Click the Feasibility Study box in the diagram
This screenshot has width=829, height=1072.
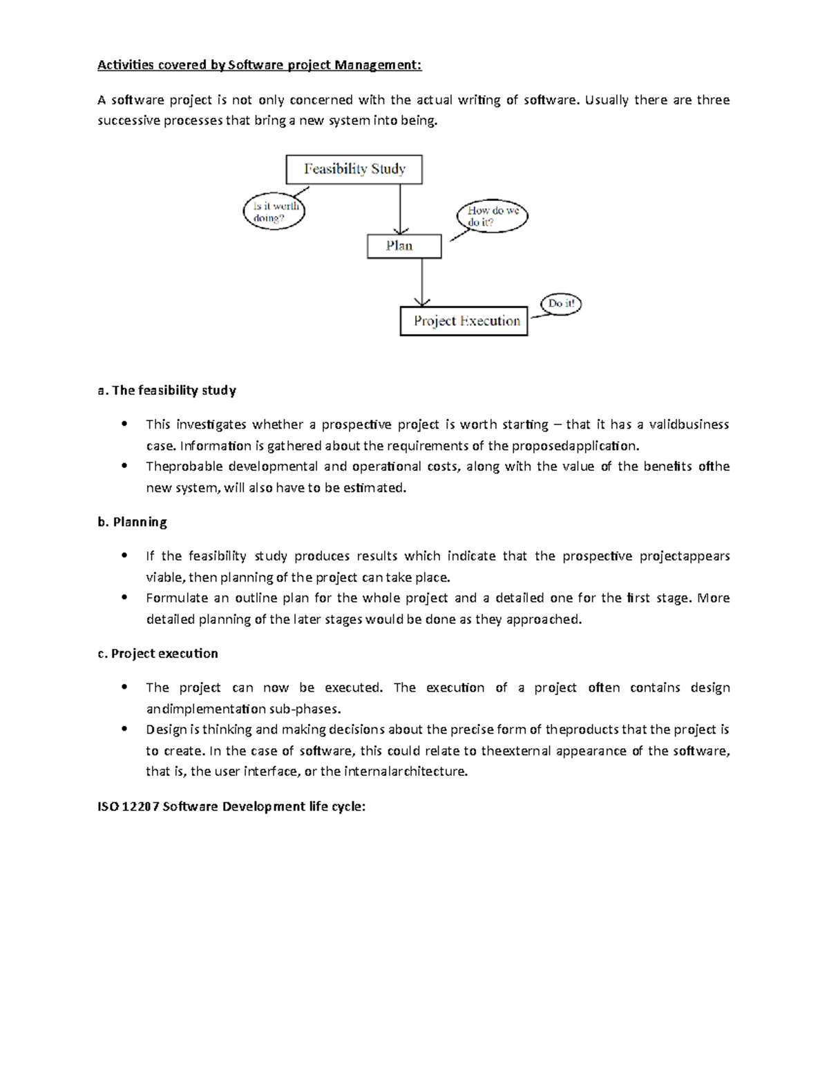point(354,169)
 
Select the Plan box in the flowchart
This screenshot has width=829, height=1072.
point(403,246)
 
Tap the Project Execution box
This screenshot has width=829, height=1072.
point(464,321)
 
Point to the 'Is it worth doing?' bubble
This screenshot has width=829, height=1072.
point(274,211)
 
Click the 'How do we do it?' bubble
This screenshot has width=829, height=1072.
point(493,216)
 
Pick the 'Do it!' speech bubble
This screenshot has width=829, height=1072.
point(561,303)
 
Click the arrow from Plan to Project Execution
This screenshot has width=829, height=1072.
point(422,283)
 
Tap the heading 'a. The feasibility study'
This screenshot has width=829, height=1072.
point(166,391)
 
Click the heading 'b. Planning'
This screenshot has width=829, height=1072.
point(132,522)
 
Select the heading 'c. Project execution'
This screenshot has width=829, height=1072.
point(158,654)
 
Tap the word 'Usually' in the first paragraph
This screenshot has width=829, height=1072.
point(607,100)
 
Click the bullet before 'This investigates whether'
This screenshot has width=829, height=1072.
point(124,424)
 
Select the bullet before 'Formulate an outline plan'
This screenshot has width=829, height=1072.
point(124,598)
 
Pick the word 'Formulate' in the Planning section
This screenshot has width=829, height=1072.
point(177,598)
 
